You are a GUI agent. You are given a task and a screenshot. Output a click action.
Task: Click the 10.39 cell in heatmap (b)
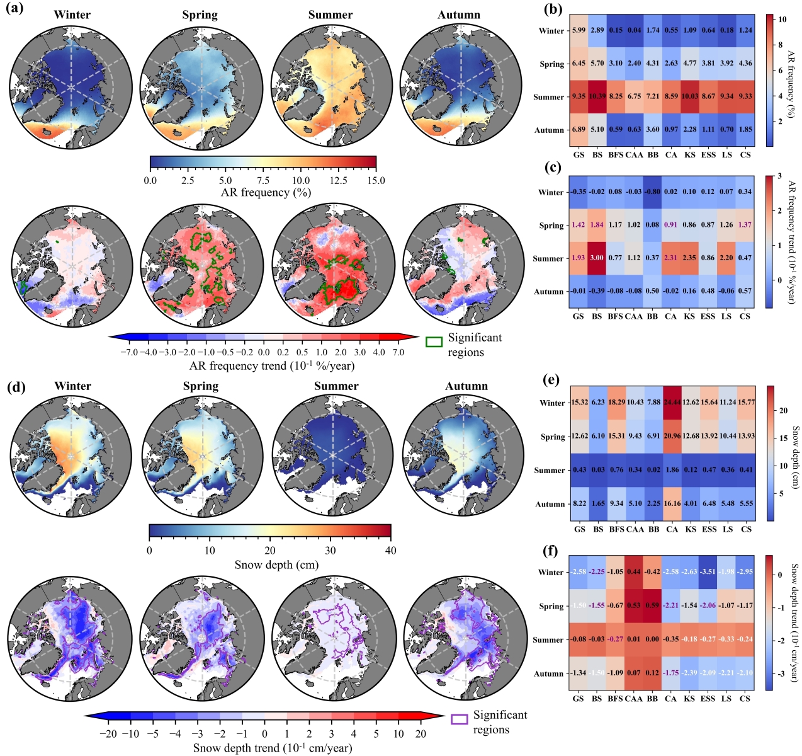click(x=597, y=96)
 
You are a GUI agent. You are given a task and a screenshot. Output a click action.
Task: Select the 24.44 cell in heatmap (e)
click(x=672, y=403)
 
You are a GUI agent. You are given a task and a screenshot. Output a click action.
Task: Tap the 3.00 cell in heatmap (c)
click(x=597, y=258)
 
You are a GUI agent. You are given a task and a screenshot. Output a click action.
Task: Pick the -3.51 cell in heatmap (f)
click(x=709, y=572)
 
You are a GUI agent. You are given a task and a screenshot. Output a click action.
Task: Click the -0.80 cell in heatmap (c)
click(x=652, y=192)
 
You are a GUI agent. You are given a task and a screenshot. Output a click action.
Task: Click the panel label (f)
click(x=550, y=551)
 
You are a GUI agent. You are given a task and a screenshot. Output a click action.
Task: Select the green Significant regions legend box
click(x=434, y=341)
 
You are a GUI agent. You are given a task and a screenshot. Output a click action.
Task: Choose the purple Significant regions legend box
click(x=460, y=719)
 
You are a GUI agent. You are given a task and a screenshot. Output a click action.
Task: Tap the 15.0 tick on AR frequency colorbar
click(x=376, y=181)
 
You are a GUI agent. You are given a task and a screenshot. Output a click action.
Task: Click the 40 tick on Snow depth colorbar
click(x=391, y=550)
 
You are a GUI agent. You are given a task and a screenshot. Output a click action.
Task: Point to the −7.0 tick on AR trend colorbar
click(x=129, y=352)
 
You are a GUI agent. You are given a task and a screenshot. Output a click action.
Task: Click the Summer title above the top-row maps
click(x=330, y=15)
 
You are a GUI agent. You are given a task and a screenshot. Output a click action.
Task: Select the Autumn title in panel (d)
click(x=466, y=386)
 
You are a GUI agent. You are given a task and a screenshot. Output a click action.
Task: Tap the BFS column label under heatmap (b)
click(x=616, y=155)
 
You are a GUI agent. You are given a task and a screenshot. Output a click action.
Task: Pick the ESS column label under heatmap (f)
click(x=708, y=698)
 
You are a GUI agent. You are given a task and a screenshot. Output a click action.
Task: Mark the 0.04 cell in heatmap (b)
click(x=634, y=30)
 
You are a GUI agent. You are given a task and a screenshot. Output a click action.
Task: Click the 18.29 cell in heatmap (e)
click(x=616, y=403)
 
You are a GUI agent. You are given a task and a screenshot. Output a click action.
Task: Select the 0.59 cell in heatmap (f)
click(x=653, y=606)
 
